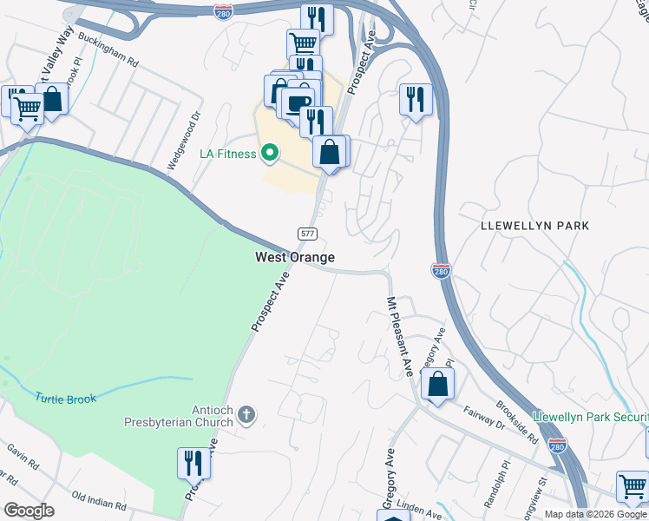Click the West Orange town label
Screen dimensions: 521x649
pyautogui.click(x=294, y=257)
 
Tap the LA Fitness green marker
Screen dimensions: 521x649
pyautogui.click(x=269, y=154)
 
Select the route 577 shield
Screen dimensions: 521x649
pyautogui.click(x=307, y=234)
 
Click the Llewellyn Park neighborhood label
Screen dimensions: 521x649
pyautogui.click(x=534, y=226)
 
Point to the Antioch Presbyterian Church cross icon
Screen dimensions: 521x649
pyautogui.click(x=246, y=414)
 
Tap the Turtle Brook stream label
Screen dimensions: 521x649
pyautogui.click(x=66, y=399)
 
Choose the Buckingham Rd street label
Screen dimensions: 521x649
pyautogui.click(x=108, y=50)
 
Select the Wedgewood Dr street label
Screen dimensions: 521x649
pyautogui.click(x=184, y=138)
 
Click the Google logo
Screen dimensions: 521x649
pyautogui.click(x=29, y=510)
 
